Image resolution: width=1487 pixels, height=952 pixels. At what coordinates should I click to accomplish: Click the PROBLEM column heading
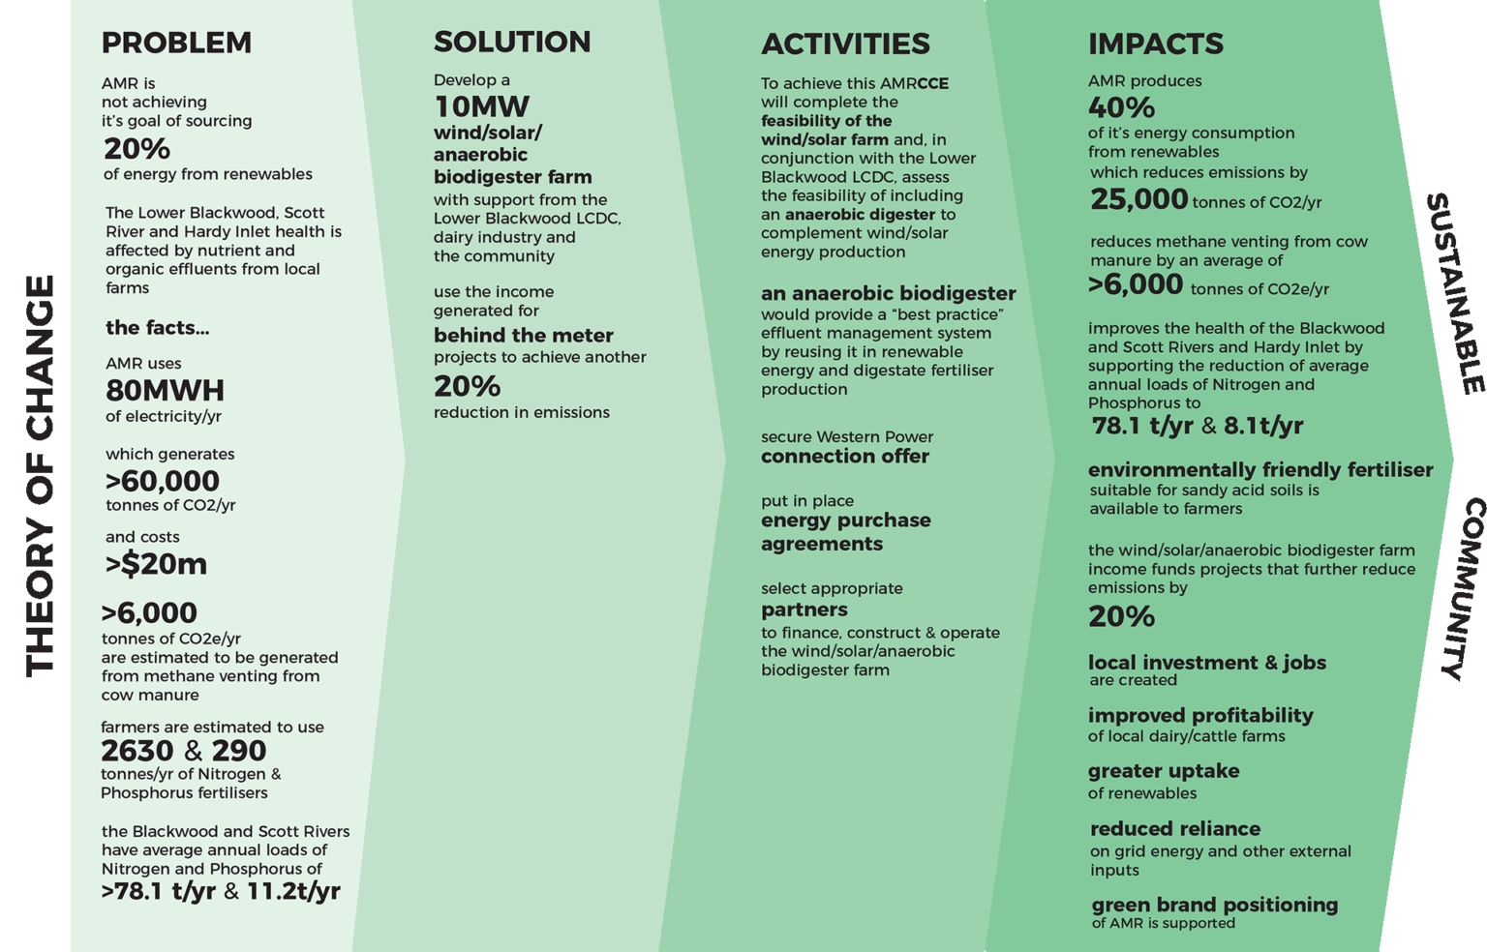click(176, 44)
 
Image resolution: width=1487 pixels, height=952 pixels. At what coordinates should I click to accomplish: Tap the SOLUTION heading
click(512, 43)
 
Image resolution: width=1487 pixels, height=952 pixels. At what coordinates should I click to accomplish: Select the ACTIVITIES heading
click(845, 45)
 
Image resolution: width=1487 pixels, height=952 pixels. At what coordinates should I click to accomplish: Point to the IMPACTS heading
click(1155, 45)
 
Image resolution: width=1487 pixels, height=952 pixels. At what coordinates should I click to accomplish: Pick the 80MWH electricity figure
click(165, 391)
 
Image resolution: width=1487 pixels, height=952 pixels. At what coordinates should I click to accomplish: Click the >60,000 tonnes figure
click(163, 481)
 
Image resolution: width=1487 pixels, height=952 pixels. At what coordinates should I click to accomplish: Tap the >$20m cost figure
click(156, 564)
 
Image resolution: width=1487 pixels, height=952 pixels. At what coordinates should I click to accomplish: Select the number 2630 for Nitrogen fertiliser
click(137, 751)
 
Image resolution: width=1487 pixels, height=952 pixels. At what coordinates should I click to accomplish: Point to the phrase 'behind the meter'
click(523, 336)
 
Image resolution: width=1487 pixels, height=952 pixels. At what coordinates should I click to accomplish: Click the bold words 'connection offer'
click(844, 457)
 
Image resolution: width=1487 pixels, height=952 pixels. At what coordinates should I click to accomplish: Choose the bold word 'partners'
click(804, 610)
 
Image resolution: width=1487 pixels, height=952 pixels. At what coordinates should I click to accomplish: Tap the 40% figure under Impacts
click(1121, 107)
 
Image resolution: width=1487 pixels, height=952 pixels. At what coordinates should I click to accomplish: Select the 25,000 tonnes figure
click(1138, 199)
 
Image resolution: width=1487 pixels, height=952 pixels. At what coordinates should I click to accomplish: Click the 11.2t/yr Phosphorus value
click(293, 891)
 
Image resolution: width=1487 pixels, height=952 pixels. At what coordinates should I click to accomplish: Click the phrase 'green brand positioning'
click(1214, 906)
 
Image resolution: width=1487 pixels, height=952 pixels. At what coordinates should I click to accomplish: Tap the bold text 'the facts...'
click(157, 328)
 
